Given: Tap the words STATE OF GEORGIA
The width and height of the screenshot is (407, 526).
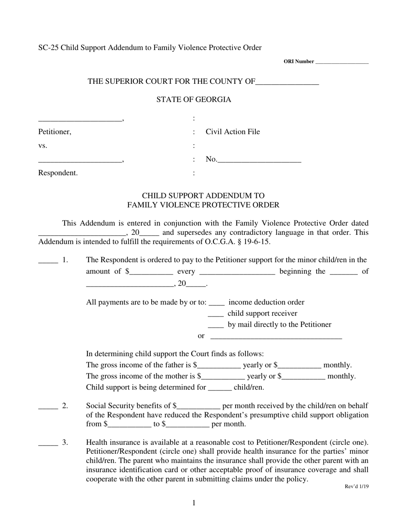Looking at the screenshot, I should click(194, 100).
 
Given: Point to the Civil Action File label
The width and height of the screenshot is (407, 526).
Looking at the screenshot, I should click(233, 132).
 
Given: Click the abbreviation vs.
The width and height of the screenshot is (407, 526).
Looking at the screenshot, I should click(42, 146).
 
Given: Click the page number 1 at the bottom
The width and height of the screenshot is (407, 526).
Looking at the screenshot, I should click(194, 503).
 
